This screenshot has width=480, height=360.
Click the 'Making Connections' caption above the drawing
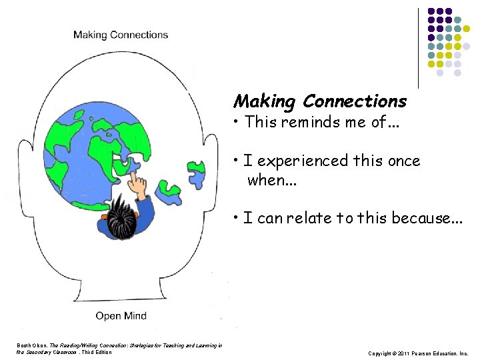tap(121, 35)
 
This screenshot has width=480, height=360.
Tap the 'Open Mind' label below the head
tap(121, 315)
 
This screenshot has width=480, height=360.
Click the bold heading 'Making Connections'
tap(319, 101)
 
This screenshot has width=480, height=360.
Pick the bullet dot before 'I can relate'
tap(237, 218)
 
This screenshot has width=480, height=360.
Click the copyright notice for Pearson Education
tap(418, 353)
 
